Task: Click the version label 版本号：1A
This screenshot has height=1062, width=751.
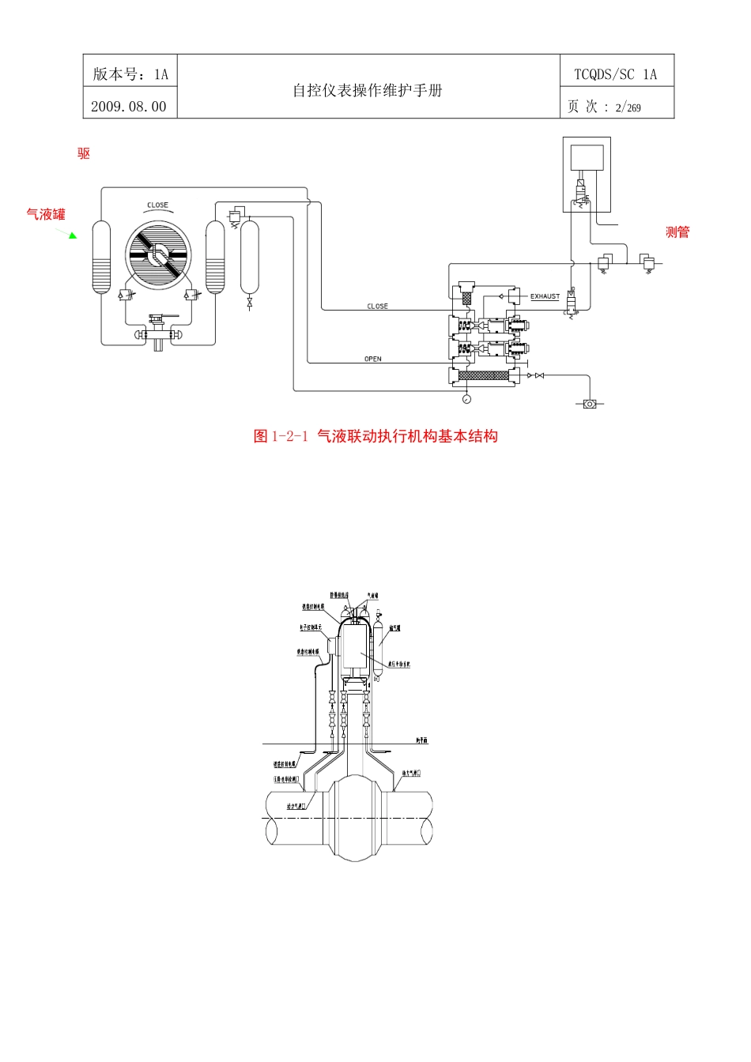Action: pos(130,74)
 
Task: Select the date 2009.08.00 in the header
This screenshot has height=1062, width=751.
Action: pos(129,107)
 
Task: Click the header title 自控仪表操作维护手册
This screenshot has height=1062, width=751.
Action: pos(368,90)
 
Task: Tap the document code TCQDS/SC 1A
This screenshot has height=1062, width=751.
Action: pos(615,74)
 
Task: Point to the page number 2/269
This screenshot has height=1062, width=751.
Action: pos(628,107)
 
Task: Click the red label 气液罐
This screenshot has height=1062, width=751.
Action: pos(46,214)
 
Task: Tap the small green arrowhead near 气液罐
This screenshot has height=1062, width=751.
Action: pos(72,235)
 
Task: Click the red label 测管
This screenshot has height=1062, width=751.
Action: pos(677,232)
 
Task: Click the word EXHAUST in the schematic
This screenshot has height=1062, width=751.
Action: pos(545,296)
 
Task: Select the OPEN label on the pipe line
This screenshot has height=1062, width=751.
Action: pos(373,359)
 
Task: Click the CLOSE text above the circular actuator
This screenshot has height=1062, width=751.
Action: pos(157,205)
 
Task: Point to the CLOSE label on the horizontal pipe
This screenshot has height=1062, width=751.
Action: pos(377,306)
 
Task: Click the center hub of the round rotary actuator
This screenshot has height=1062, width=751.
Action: pos(158,255)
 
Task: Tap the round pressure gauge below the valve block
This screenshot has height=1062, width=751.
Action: pos(466,399)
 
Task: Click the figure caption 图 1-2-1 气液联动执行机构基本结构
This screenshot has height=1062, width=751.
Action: pos(375,436)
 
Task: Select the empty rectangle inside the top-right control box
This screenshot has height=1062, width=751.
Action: pos(587,157)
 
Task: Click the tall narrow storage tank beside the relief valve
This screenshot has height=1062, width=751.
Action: pos(249,257)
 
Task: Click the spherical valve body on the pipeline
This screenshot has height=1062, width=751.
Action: pos(353,818)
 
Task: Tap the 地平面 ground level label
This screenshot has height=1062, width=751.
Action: pos(422,740)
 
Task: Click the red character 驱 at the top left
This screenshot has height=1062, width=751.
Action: pos(84,153)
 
